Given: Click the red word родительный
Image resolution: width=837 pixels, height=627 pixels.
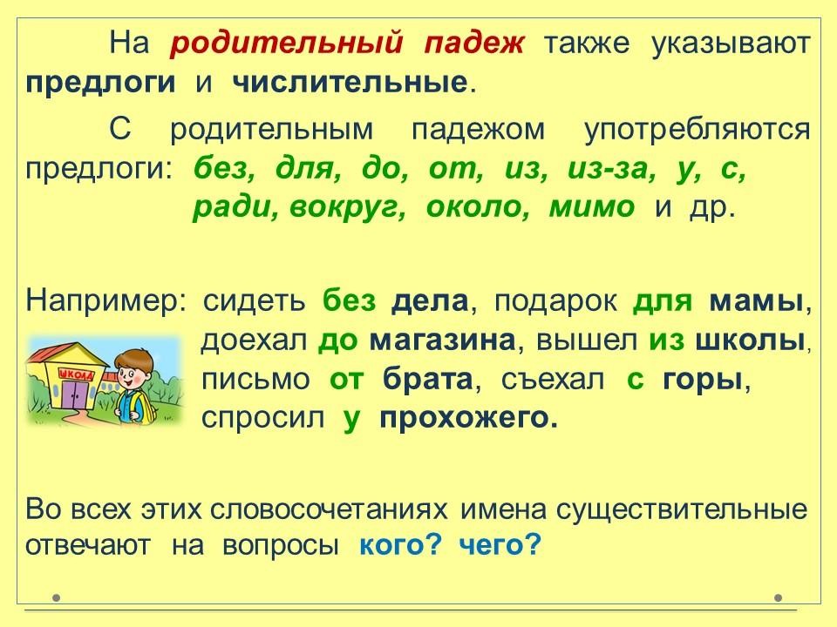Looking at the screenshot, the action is tap(286, 44).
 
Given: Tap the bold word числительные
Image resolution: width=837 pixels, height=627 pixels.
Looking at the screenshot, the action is tap(350, 83).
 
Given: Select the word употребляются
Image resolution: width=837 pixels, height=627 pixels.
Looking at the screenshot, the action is tap(697, 130).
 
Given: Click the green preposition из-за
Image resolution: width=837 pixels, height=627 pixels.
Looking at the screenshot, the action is tap(611, 170).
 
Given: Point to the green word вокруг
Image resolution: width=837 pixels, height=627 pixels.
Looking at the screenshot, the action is tap(348, 208).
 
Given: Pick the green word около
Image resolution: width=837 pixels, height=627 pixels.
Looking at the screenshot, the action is tap(478, 207).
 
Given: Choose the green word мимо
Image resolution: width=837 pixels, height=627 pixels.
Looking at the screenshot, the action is tap(592, 208).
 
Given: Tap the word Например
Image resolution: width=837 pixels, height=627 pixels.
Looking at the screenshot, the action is tap(103, 302).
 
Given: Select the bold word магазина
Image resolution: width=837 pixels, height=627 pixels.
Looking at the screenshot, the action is tap(443, 340).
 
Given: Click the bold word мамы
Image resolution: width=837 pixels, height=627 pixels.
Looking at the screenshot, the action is tap(757, 302).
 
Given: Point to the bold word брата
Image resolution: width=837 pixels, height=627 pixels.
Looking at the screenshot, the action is tap(427, 379).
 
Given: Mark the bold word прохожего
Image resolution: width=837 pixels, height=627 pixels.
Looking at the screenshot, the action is tap(468, 419).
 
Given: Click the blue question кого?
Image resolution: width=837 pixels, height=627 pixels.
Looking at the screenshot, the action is tap(401, 545).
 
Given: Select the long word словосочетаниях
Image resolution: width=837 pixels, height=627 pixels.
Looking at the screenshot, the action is tap(329, 509).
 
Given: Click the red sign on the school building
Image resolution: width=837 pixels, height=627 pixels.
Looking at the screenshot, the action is tap(78, 374).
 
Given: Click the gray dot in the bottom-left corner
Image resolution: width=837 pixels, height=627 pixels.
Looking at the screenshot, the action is tap(57, 597).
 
